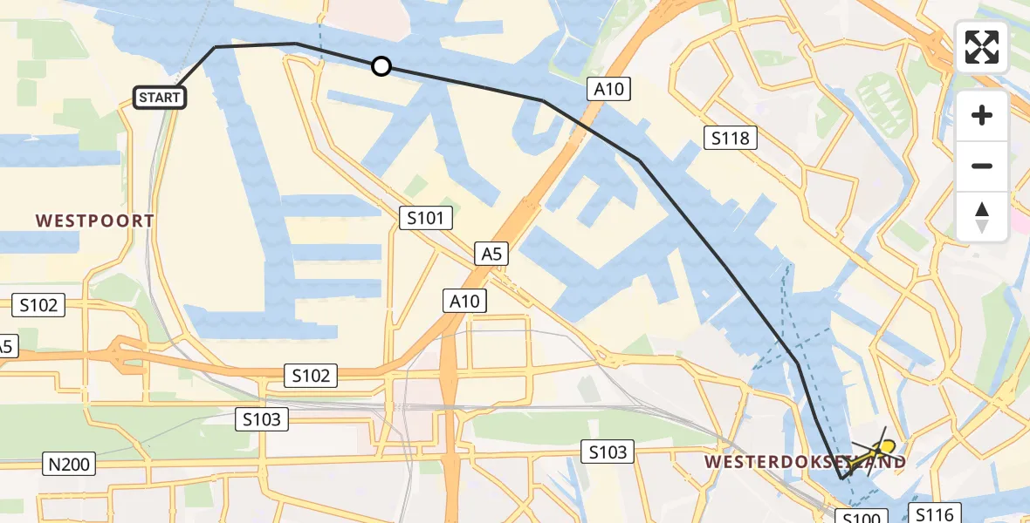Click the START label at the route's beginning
tap(160, 97)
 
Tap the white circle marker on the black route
tap(381, 66)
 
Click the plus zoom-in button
tap(982, 115)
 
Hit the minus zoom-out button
tap(982, 166)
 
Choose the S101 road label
tap(426, 218)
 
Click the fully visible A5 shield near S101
tap(491, 254)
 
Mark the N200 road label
tap(70, 464)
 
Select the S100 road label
tap(864, 517)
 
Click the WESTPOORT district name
tap(95, 221)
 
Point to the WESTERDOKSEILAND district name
tap(805, 461)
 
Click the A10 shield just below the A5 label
tap(464, 302)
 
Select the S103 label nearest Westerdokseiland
tap(608, 452)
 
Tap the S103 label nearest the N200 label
tap(263, 419)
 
